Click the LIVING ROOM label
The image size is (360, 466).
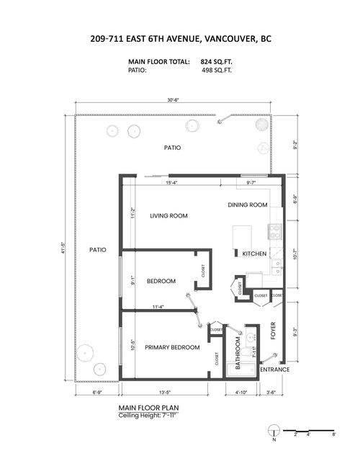(168, 216)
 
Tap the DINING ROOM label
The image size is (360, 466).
(248, 205)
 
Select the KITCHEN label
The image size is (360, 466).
(255, 254)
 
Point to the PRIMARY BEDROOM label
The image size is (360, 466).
(172, 348)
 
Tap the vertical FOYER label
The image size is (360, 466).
(273, 331)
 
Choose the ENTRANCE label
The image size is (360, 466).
(274, 369)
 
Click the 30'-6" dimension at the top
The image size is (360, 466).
(172, 100)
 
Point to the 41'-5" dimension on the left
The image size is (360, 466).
(63, 248)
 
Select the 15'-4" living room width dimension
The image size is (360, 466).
(172, 183)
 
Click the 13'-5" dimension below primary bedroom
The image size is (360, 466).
(163, 393)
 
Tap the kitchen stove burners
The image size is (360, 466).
(274, 231)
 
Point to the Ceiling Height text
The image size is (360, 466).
(149, 415)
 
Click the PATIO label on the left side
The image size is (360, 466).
(98, 250)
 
